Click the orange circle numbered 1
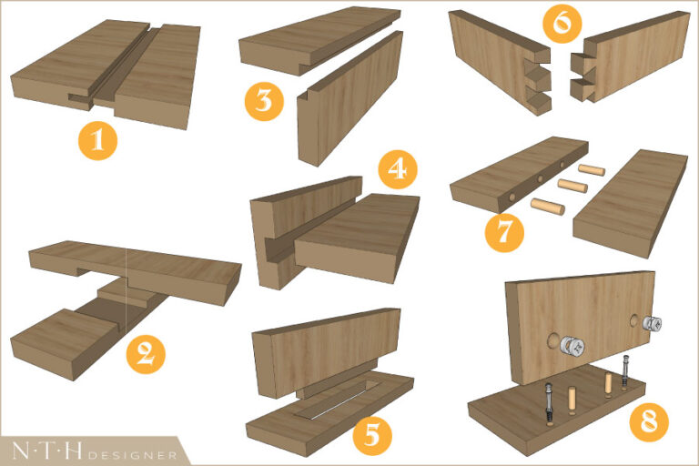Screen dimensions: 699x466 tap(97, 141)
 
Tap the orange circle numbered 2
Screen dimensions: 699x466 tap(146, 355)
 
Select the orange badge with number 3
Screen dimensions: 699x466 tap(264, 101)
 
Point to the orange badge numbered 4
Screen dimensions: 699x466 tap(398, 169)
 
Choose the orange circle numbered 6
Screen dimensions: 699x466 tap(562, 23)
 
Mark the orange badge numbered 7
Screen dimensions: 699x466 tap(504, 232)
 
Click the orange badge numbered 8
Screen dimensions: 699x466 tap(649, 421)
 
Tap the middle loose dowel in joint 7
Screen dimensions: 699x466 tap(572, 186)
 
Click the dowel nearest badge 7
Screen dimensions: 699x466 tap(547, 206)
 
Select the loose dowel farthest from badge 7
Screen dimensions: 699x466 tap(592, 170)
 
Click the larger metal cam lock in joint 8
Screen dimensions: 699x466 tap(572, 347)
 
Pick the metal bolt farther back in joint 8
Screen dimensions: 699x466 tap(625, 372)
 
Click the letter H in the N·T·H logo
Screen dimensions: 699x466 tap(73, 451)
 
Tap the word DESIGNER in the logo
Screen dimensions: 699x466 tap(132, 455)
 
